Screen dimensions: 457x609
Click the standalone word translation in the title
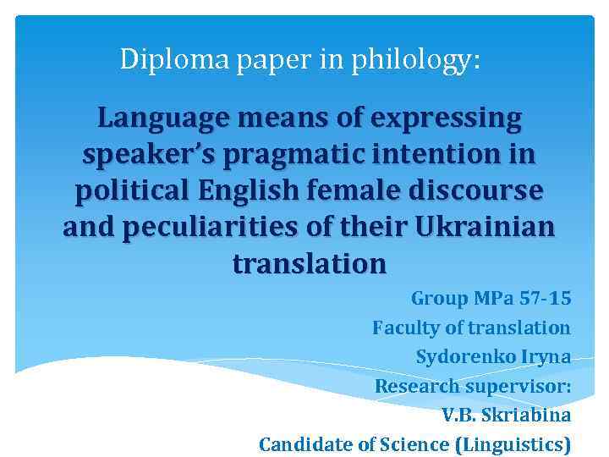(x=309, y=264)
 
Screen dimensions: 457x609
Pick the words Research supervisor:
(x=473, y=386)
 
